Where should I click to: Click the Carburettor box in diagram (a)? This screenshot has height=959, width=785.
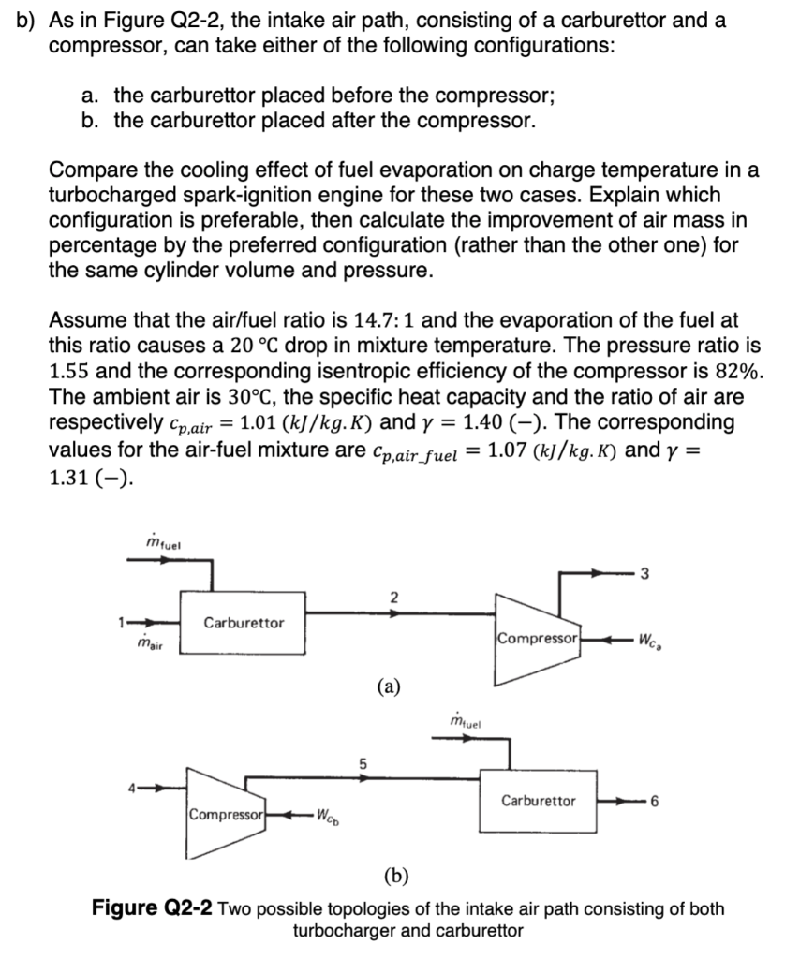[244, 622]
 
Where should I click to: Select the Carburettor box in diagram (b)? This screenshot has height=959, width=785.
[538, 802]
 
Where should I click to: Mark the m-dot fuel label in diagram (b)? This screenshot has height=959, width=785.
[466, 721]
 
